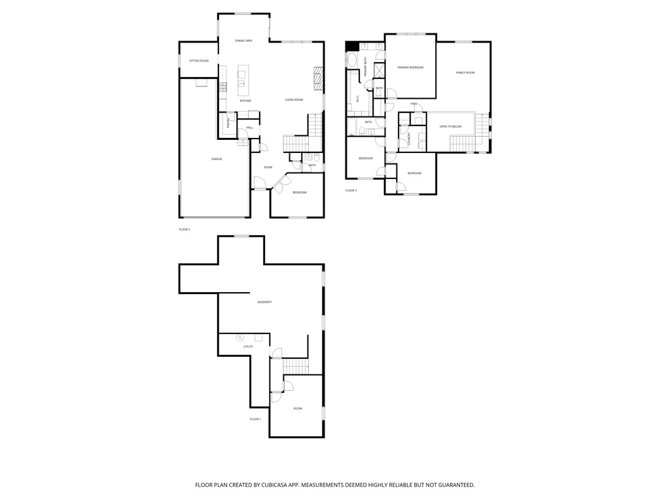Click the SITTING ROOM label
tap(199, 61)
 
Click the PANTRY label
tap(228, 121)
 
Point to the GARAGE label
tap(217, 159)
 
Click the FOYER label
tap(268, 167)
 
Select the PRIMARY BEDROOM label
tap(410, 67)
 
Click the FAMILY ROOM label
tap(465, 73)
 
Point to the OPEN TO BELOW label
tap(450, 126)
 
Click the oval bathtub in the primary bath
tap(352, 60)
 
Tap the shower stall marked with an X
tap(379, 71)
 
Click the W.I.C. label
tap(358, 99)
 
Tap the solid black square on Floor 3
tap(351, 46)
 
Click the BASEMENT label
tap(264, 302)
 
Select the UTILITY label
tap(248, 346)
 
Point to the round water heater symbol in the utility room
tap(239, 337)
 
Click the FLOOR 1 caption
tap(255, 419)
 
